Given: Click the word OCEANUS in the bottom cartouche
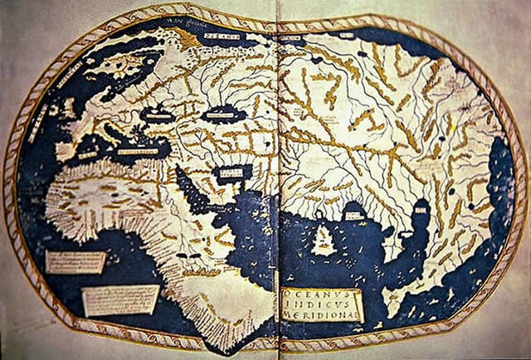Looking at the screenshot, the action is click(320, 294).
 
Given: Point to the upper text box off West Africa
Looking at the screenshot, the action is click(75, 262).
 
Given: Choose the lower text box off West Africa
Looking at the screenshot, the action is click(121, 299).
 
